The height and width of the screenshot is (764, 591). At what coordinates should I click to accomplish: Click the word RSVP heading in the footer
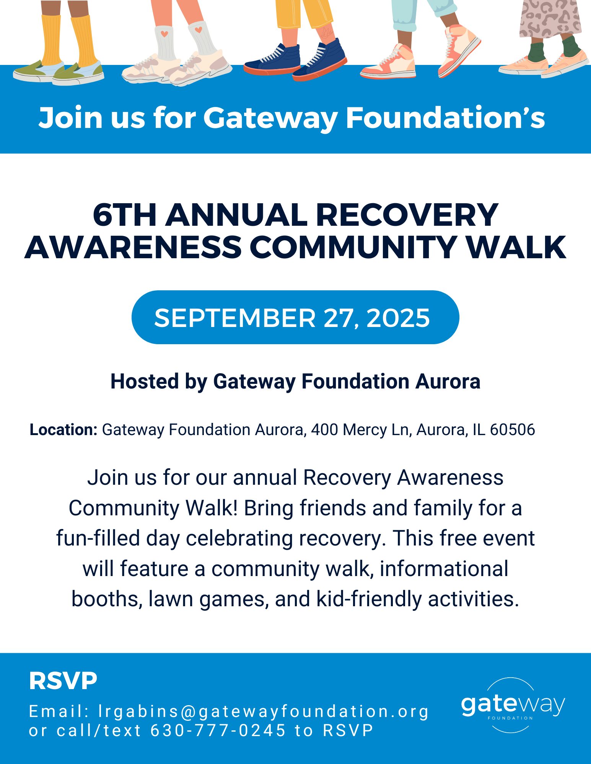coord(63,681)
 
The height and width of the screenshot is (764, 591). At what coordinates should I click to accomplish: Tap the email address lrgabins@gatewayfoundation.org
coord(264,712)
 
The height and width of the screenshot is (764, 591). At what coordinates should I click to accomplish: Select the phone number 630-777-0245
coord(218,730)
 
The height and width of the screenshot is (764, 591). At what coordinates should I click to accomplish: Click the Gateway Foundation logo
coord(513,705)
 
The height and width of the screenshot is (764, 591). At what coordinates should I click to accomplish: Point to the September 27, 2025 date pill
coord(295,317)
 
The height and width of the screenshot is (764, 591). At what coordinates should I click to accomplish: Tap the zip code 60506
coord(513,430)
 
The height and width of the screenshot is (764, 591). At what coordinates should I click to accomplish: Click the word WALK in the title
coord(516,247)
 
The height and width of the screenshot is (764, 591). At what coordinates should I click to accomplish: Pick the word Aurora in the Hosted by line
coord(448,382)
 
